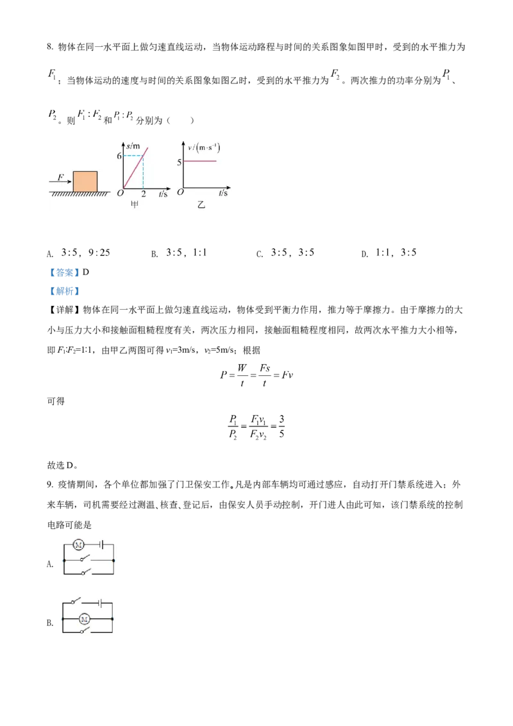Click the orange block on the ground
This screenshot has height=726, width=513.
click(85, 181)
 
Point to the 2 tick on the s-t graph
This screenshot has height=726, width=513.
click(143, 194)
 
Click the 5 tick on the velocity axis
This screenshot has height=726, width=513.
click(179, 162)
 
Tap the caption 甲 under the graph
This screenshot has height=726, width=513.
click(135, 205)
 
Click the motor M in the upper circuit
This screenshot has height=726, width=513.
click(79, 545)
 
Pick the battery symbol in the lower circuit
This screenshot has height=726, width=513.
click(100, 602)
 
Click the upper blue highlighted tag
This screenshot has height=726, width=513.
click(64, 272)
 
